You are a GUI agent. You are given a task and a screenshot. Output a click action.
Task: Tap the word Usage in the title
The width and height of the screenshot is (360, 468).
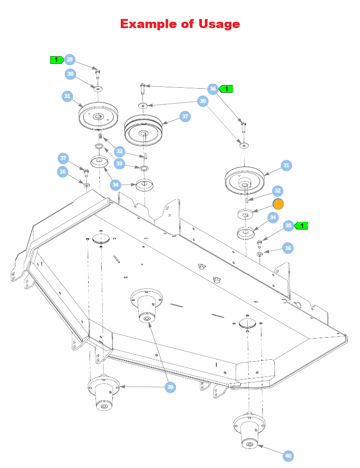(219, 24)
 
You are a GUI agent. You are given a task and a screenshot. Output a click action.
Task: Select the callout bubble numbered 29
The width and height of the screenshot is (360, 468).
(69, 60)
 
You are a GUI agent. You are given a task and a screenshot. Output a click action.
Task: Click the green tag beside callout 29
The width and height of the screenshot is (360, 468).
(56, 60)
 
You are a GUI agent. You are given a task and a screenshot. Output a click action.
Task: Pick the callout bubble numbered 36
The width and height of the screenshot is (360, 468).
(213, 89)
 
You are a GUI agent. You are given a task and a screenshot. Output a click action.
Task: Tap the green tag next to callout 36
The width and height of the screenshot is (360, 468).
(226, 89)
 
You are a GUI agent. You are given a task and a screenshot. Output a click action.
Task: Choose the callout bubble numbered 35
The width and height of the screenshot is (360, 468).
(288, 225)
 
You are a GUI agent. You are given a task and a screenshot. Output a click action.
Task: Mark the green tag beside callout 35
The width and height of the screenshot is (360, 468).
(301, 225)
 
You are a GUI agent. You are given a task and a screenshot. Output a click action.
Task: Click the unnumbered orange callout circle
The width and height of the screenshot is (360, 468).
(278, 204)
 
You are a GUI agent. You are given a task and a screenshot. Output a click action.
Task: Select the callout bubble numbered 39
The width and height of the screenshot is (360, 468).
(170, 387)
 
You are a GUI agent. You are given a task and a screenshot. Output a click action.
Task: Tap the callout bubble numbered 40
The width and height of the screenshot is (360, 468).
(289, 456)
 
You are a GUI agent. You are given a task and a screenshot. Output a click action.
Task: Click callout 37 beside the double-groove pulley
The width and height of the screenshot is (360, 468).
(185, 116)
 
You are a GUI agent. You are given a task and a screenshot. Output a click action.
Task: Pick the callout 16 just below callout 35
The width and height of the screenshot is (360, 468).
(288, 248)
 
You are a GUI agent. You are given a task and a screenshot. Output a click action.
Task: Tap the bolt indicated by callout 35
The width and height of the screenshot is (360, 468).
(260, 244)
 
